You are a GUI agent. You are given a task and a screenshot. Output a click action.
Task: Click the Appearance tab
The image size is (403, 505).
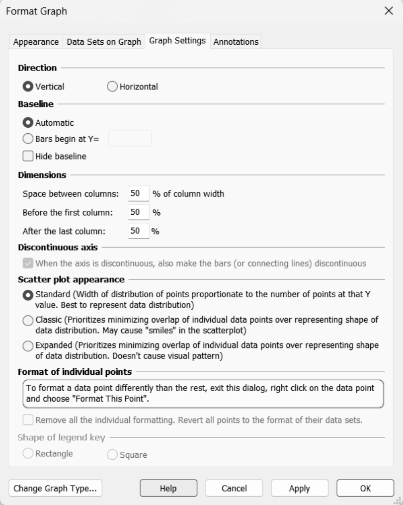36,42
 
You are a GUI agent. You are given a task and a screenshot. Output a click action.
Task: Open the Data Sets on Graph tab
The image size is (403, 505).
104,42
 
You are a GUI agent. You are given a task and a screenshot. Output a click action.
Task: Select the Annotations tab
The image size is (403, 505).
236,42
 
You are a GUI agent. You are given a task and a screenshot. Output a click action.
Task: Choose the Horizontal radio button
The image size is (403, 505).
112,87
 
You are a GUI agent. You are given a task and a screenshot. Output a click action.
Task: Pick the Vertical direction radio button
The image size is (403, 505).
28,87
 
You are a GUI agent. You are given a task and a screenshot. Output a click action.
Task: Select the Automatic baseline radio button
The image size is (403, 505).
28,122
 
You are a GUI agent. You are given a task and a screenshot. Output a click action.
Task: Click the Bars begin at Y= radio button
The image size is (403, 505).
28,139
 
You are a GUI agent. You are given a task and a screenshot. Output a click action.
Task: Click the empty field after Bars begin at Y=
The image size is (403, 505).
130,139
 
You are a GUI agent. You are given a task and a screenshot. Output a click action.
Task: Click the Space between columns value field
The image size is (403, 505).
138,194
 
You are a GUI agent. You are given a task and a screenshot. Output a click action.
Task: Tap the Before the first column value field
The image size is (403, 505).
138,212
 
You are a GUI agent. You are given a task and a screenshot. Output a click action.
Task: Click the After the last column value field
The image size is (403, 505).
138,231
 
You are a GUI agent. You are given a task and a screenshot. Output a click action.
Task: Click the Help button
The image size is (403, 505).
168,489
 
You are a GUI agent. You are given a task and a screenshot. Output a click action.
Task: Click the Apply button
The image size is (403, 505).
300,489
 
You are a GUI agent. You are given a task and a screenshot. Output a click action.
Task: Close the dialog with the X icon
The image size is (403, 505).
389,11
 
